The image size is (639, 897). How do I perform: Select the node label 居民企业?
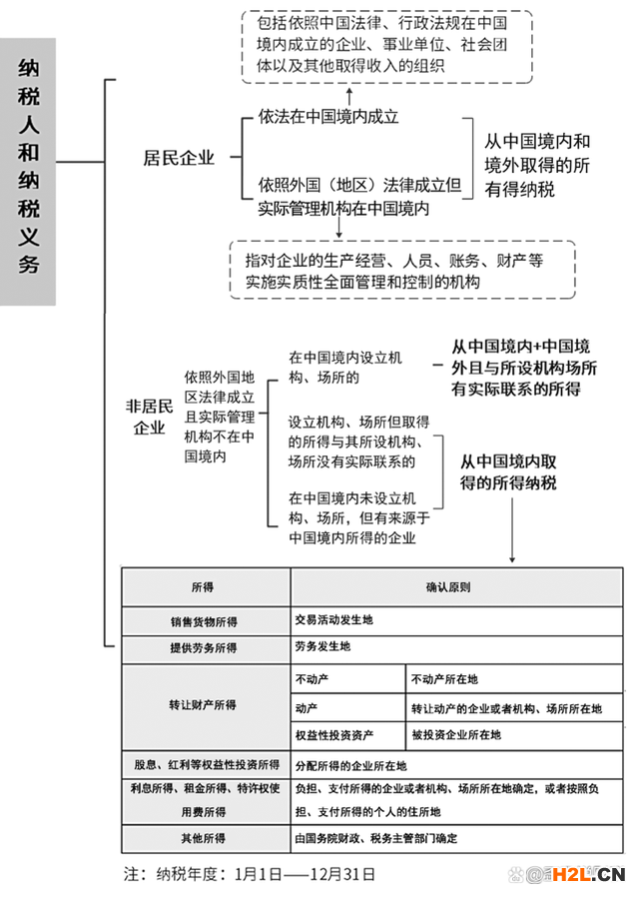pos(179,158)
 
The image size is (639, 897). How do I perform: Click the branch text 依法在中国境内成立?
pos(328,117)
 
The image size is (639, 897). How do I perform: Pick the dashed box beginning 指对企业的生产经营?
pos(402,270)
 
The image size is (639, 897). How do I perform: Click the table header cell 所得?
pos(205,586)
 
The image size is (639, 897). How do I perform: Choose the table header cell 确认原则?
pos(447,586)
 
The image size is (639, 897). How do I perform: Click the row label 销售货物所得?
pos(205,620)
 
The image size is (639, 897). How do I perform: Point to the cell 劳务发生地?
pos(323,647)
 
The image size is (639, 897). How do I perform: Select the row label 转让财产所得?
pos(205,705)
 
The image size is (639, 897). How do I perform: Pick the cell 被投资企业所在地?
pos(456,735)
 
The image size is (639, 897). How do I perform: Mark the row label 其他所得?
pos(205,839)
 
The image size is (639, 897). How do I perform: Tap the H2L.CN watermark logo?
pos(588,875)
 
